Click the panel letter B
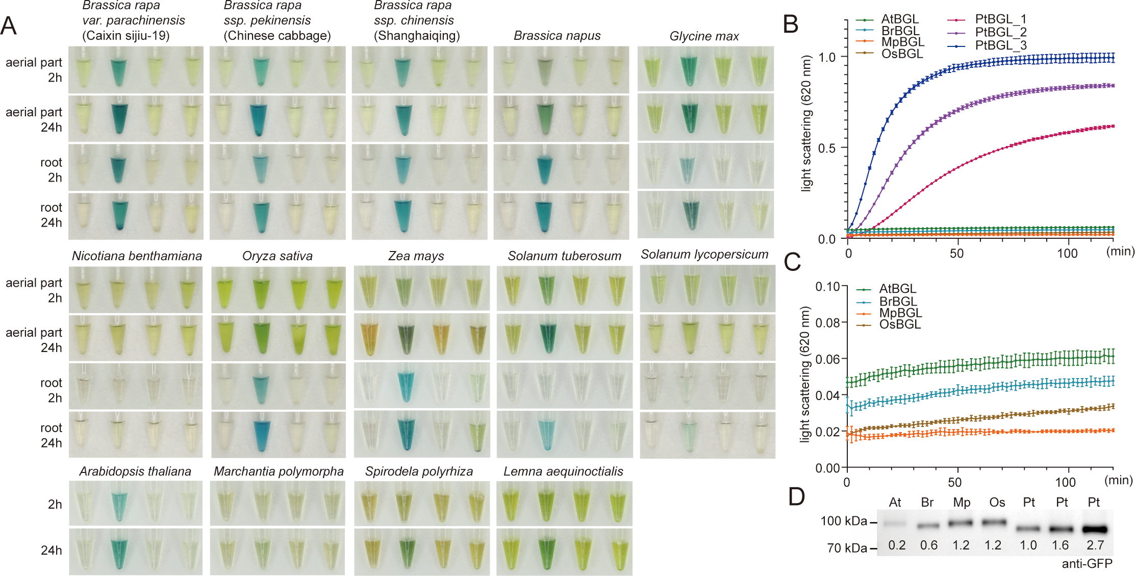790,24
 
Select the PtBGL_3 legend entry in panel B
1000,45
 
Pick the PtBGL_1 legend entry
1000,19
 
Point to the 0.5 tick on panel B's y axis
827,148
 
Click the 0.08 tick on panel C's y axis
827,323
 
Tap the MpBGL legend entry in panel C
900,313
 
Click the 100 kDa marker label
843,521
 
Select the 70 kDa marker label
847,548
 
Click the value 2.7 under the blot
1095,545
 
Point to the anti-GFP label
1087,564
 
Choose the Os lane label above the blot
997,503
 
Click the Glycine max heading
704,36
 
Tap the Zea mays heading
416,256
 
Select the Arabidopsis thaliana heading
135,471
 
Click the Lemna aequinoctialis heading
563,471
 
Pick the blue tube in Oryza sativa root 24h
261,435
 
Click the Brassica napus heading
557,36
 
